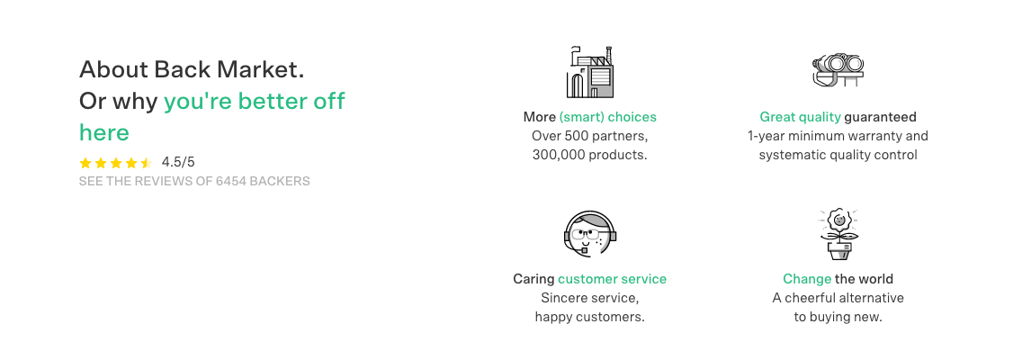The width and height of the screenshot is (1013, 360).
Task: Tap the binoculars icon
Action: [838, 69]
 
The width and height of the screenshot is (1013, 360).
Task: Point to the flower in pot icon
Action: [838, 234]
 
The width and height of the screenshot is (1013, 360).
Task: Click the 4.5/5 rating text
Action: [178, 162]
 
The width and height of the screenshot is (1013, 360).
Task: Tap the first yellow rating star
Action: [85, 163]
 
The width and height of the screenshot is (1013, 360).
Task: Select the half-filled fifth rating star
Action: [147, 163]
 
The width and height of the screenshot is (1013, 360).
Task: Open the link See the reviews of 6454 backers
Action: [194, 181]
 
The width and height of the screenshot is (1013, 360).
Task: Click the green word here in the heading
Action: [104, 132]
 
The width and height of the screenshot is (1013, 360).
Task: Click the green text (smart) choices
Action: [607, 117]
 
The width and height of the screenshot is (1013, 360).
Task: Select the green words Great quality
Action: [800, 117]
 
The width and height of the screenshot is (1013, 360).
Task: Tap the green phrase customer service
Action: [612, 279]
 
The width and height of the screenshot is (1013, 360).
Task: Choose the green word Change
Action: [807, 279]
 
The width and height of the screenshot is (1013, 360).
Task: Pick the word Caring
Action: [533, 279]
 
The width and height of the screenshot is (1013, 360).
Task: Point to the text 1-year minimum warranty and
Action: [838, 136]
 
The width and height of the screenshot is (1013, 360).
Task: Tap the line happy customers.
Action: [589, 317]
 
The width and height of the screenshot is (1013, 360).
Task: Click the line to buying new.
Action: [838, 317]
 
